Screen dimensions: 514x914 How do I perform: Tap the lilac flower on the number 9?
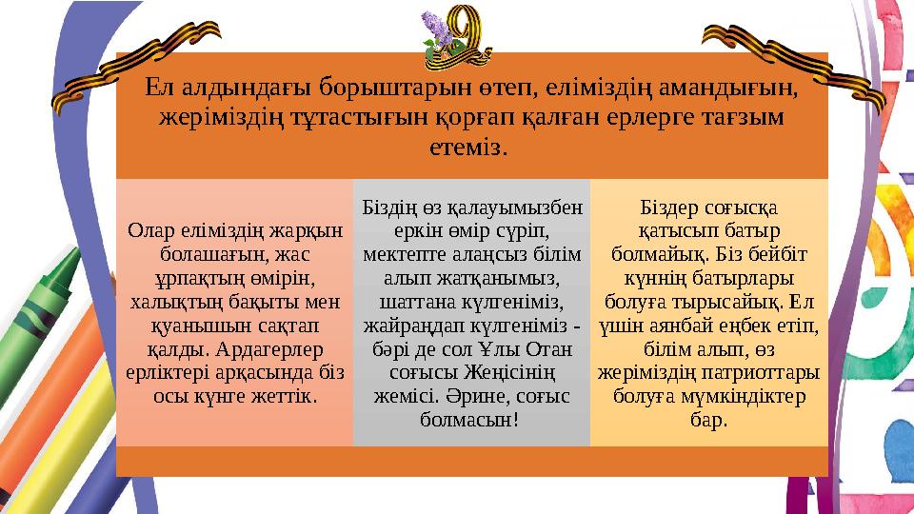click(x=440, y=25)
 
